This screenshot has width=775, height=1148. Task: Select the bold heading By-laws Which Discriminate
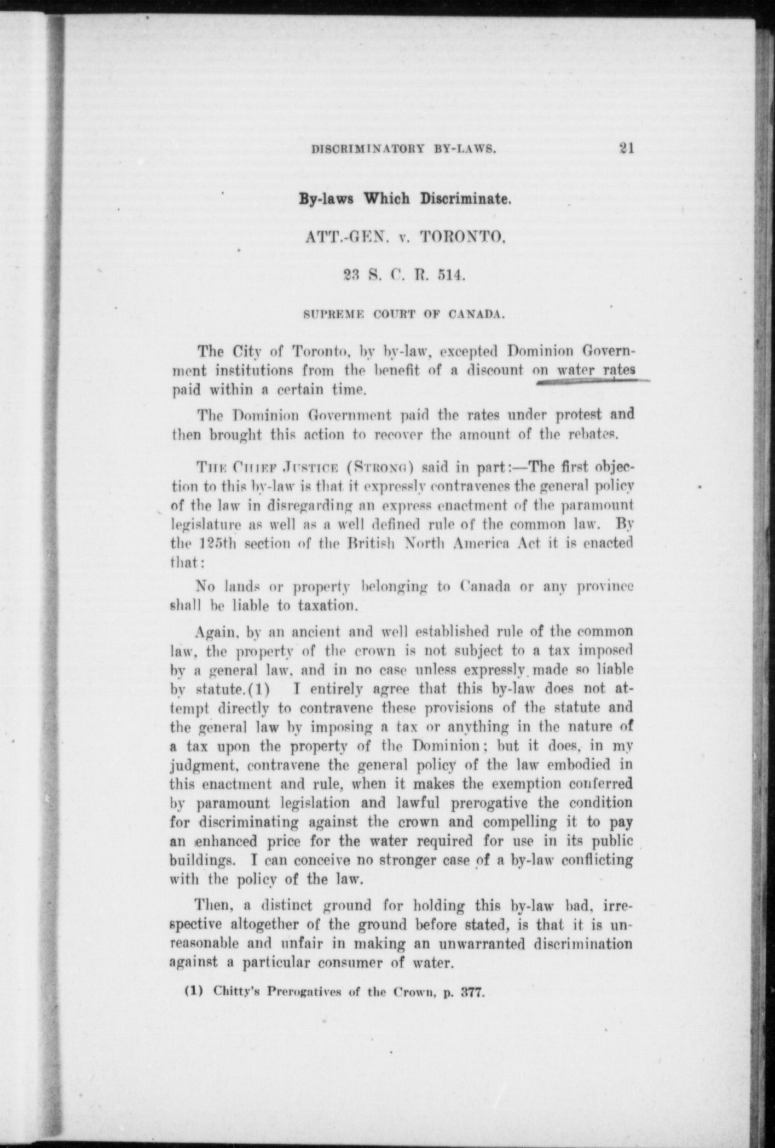coord(404,198)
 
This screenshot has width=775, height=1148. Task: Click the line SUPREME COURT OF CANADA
coord(403,315)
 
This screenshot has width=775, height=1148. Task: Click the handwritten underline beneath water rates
coord(591,382)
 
